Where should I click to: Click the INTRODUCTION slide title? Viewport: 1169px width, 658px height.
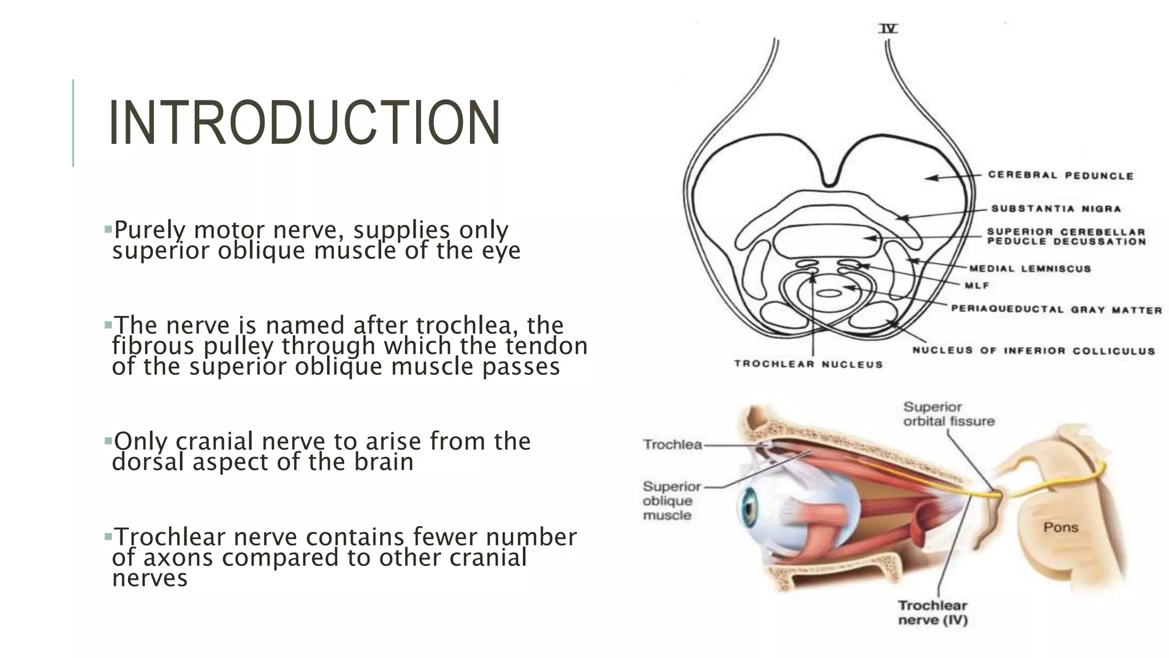tap(304, 123)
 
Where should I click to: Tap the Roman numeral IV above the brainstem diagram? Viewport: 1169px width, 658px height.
tap(888, 28)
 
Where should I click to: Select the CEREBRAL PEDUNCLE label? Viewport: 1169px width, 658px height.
tap(1061, 175)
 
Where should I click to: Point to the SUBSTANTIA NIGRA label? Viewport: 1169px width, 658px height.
tap(1056, 208)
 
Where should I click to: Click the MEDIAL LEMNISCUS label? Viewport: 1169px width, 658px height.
tap(1030, 268)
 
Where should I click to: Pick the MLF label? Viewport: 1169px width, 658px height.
tap(977, 286)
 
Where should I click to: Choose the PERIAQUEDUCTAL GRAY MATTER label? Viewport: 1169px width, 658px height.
tap(1056, 310)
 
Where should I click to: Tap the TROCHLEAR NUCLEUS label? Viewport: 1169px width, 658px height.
tap(808, 364)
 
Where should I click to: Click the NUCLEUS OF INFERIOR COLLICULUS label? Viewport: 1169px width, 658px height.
tap(1033, 351)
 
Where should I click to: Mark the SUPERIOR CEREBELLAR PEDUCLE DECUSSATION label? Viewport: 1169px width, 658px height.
tap(1066, 236)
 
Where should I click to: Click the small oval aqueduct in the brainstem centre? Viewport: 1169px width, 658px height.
tap(829, 293)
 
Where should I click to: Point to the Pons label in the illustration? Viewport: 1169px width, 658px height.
tap(1061, 527)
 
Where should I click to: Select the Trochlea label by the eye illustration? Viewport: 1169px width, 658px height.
tap(672, 444)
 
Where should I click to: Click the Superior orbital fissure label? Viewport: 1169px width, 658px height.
tap(949, 414)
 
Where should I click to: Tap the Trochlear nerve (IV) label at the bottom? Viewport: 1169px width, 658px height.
tap(933, 612)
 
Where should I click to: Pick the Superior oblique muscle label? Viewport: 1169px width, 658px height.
tap(671, 500)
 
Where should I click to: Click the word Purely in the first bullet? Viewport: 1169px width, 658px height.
tap(150, 230)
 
